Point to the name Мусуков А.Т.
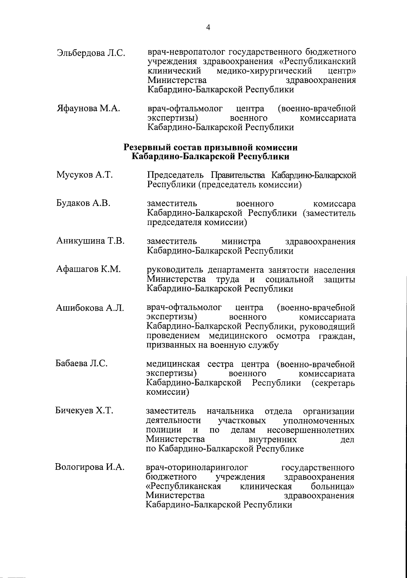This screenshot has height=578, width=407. click(x=84, y=175)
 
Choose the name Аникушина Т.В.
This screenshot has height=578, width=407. click(x=90, y=241)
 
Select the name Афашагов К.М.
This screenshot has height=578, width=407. click(x=88, y=270)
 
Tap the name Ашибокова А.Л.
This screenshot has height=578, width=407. click(x=90, y=308)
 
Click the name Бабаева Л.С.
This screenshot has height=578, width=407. click(x=81, y=364)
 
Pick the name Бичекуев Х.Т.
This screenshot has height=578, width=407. click(x=84, y=411)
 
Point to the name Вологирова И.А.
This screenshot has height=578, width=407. click(x=90, y=468)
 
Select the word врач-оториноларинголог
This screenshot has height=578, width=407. click(x=197, y=468)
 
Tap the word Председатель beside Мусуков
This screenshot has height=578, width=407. click(x=175, y=175)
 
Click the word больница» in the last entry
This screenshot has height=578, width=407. click(x=333, y=487)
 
